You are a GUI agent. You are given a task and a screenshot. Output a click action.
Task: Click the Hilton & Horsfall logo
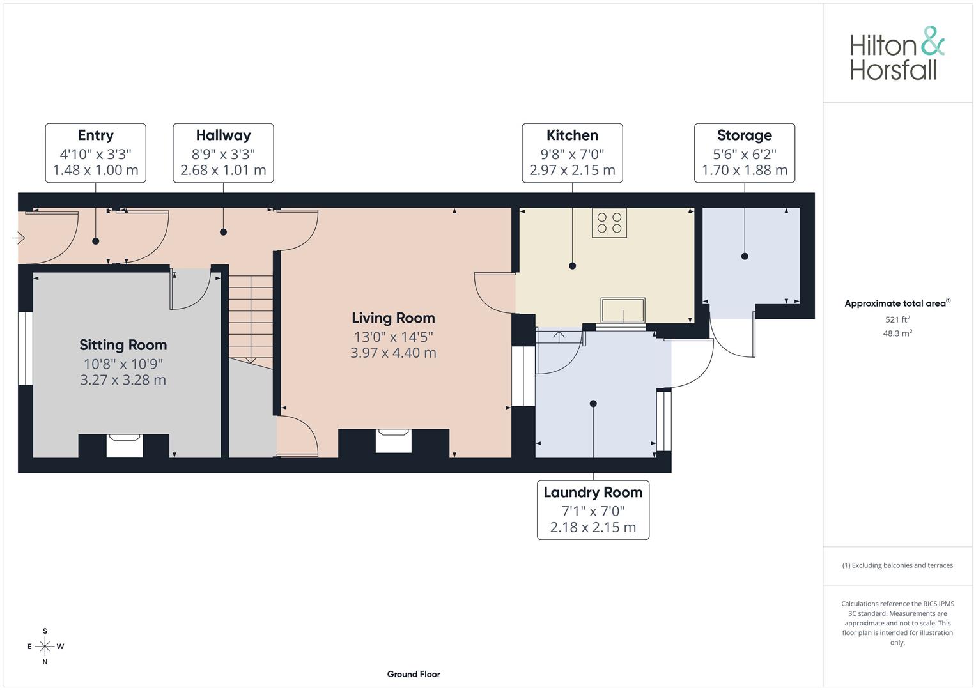897,54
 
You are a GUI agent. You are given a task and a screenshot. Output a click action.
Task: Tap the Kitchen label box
572,153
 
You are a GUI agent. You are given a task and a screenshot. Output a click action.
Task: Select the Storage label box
744,153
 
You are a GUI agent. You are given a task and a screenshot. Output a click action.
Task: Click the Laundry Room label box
593,510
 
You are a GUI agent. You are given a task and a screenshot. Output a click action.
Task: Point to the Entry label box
95,153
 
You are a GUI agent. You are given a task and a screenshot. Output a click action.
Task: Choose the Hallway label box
223,153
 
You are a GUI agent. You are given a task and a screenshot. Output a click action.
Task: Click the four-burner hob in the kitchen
609,222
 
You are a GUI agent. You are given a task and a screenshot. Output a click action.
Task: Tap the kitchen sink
623,310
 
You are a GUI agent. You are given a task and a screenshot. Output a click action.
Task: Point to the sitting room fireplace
124,446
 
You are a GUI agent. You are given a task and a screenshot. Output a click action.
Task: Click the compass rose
45,646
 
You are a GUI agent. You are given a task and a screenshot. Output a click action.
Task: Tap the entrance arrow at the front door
19,238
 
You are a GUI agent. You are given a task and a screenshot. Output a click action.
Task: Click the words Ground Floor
414,674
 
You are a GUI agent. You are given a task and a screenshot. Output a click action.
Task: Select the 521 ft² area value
897,319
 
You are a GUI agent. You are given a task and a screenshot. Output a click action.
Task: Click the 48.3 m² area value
897,333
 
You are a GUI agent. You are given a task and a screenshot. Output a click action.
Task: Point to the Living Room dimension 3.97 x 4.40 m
394,353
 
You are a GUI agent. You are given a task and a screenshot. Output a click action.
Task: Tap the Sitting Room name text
123,345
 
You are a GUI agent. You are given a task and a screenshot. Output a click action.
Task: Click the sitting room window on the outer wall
26,348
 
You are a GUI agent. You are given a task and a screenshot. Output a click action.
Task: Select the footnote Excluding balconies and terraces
897,565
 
